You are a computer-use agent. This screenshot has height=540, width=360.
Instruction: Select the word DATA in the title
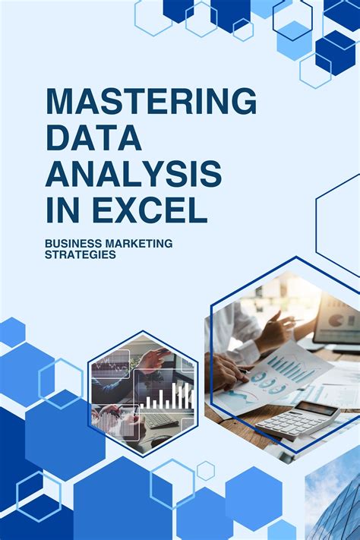tap(93, 138)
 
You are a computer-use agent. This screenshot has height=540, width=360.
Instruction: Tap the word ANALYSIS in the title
tap(134, 174)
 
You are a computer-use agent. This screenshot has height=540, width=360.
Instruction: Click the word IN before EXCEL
tap(60, 209)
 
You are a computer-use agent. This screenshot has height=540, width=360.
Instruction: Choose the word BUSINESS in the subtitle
tap(75, 244)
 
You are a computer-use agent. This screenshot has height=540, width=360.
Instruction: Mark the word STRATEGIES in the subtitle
tap(81, 255)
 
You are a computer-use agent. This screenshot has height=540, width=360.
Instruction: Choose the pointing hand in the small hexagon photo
tap(152, 360)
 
